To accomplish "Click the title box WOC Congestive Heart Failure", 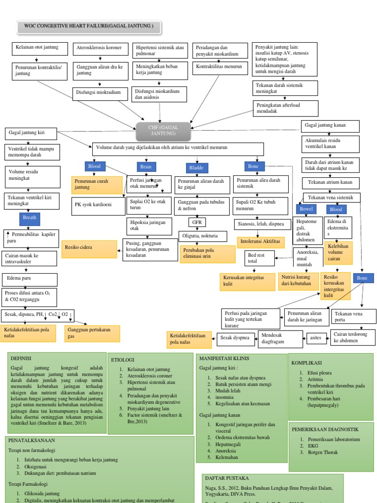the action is [89, 27].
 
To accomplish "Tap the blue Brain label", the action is [146, 167].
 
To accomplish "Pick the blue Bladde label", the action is [196, 168].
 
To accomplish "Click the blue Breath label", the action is [29, 218].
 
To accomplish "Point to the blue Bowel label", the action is [306, 209].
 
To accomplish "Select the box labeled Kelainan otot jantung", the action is [40, 49].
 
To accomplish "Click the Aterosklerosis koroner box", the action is [100, 49].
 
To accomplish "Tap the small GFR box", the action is [197, 223].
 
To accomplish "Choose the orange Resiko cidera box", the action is [89, 249].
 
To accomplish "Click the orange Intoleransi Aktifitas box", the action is [260, 242].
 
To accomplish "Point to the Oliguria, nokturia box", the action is [203, 236].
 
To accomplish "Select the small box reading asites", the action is [316, 338].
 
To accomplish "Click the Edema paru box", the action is [29, 279].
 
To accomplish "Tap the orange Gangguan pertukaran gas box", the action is [92, 334].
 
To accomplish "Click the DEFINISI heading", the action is [21, 358].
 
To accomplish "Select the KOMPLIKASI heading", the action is [306, 363].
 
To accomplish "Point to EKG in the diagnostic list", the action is [313, 446].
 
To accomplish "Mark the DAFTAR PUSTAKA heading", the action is [227, 478].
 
